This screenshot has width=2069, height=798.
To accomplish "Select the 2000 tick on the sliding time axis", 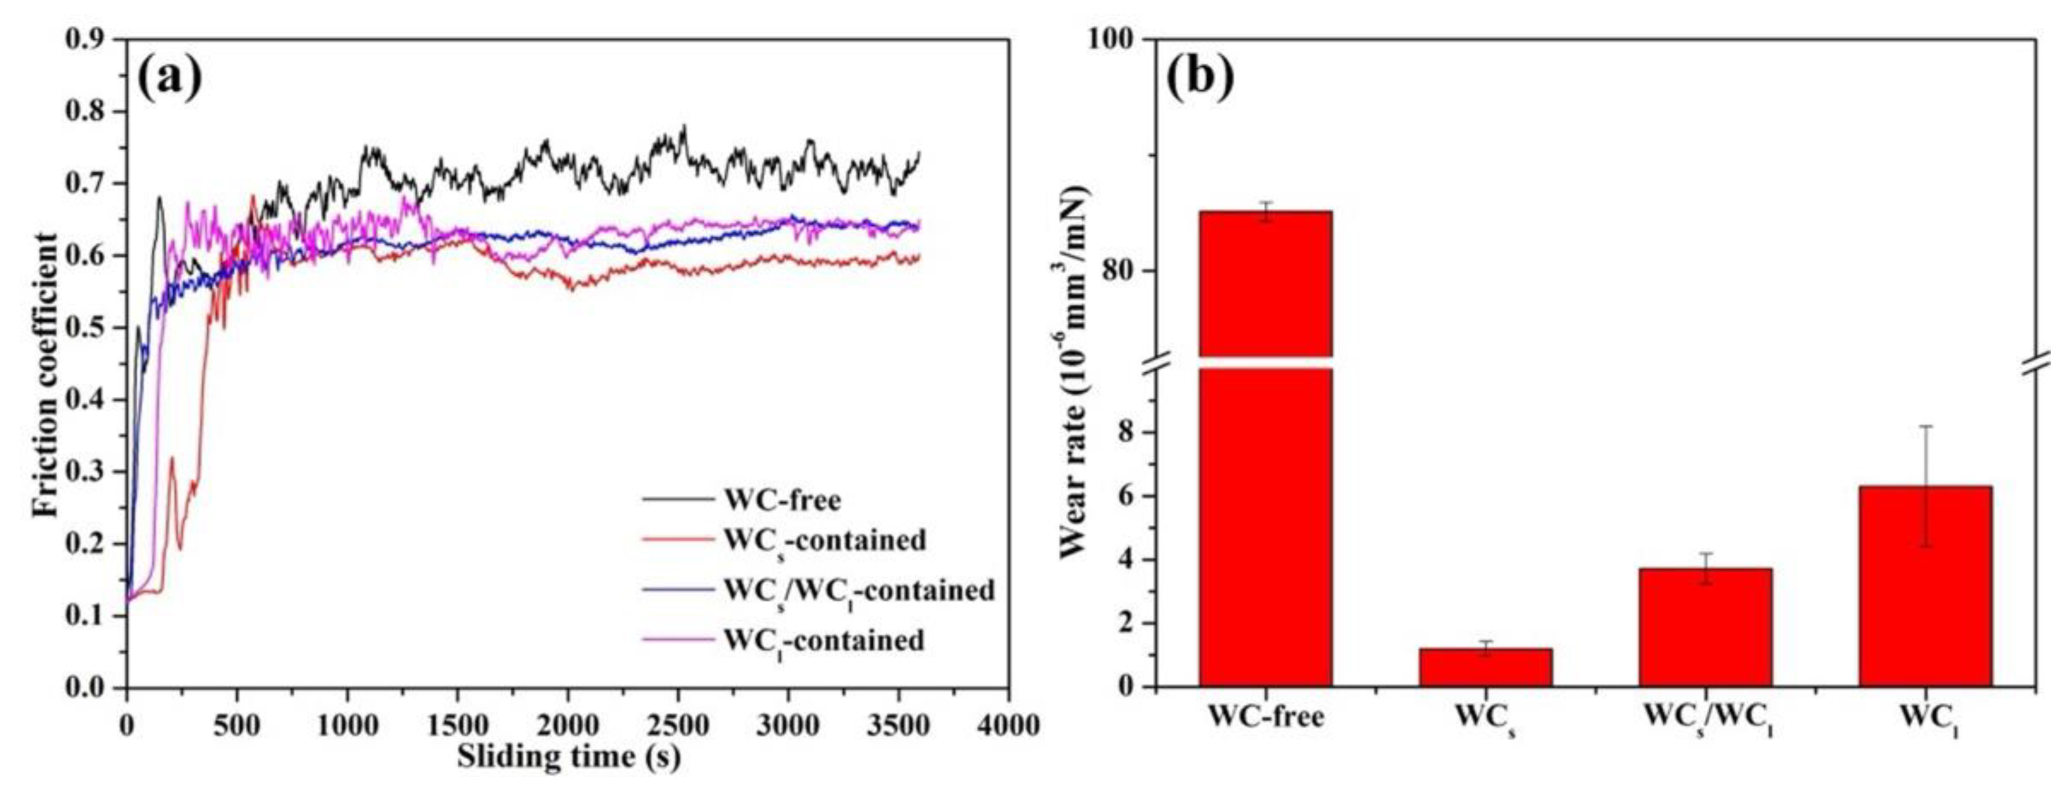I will coord(567,725).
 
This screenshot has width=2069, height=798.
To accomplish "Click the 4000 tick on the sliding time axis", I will coord(1008,725).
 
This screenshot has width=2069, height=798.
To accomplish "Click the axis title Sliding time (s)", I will coord(568,757).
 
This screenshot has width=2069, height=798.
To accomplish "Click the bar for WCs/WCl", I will coord(1705,628).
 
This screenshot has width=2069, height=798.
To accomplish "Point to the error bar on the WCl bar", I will coord(1925,485).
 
